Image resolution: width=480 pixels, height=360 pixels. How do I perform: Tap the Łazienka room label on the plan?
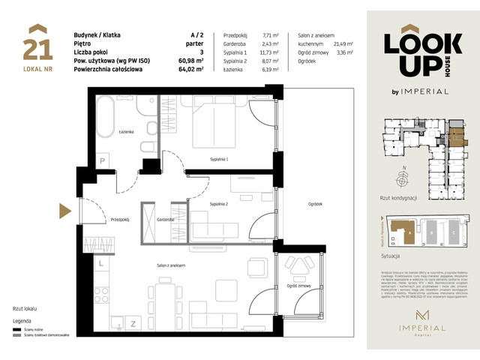tap(125, 131)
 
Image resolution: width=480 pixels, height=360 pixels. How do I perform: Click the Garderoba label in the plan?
tap(166, 220)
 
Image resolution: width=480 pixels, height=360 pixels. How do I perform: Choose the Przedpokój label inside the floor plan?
tap(121, 220)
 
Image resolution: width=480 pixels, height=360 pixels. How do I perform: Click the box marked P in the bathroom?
tap(102, 159)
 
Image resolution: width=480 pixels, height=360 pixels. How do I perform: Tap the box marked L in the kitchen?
tap(100, 264)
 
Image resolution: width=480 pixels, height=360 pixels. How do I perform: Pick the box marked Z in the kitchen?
tap(133, 323)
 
